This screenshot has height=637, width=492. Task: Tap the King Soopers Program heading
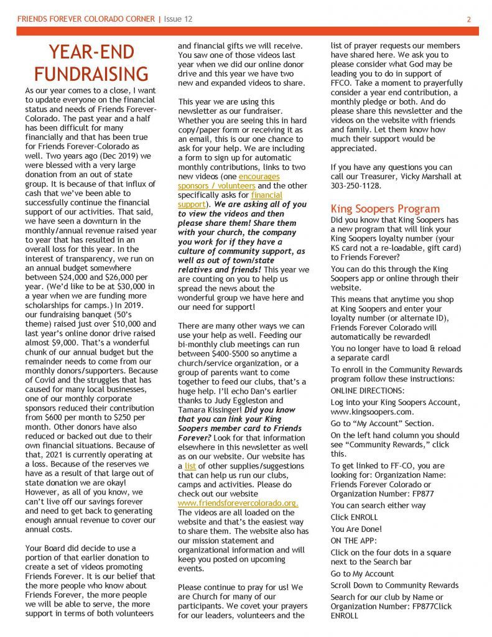pos(385,208)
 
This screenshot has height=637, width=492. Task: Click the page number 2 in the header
pos(468,19)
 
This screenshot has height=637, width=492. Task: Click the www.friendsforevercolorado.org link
pos(238,503)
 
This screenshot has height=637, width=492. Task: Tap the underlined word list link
pos(190,466)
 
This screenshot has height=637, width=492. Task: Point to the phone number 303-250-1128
pos(356,185)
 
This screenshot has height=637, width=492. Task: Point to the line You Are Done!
pos(356,529)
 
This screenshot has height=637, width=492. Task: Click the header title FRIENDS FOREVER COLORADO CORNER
pos(86,19)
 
